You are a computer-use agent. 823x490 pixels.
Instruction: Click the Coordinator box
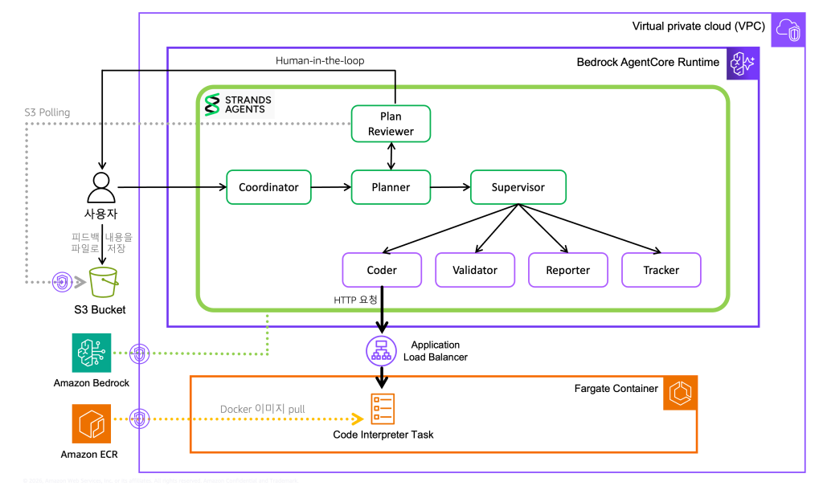coord(268,187)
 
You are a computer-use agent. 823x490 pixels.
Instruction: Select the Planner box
coord(391,187)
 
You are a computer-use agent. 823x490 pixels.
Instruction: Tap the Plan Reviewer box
coord(391,124)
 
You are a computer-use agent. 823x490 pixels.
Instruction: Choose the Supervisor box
coord(518,187)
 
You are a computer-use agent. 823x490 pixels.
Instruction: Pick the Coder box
coord(382,270)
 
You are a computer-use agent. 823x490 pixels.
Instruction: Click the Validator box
coord(475,270)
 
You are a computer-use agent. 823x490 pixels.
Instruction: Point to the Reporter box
coord(567,270)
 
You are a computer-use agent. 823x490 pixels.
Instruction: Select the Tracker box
coord(661,270)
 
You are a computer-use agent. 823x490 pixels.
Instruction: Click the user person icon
coord(101,189)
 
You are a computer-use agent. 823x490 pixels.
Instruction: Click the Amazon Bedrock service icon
coord(91,353)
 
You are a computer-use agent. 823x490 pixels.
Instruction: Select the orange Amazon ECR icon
coord(91,423)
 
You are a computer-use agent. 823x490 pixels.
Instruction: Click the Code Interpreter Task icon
coord(383,410)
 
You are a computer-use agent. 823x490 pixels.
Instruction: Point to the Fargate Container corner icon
coord(680,392)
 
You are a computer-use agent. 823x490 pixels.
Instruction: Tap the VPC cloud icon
coord(788,29)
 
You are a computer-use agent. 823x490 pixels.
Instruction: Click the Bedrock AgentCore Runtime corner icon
coord(742,63)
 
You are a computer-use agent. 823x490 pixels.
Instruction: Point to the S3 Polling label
coord(47,112)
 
